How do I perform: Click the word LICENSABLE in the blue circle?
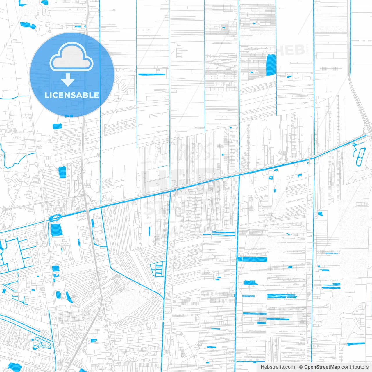coord(72,95)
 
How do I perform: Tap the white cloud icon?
coord(71,58)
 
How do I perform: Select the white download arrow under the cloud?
coord(68,80)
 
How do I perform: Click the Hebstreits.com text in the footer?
coord(278,367)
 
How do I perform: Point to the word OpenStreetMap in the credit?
coord(322,367)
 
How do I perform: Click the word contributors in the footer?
coord(355,367)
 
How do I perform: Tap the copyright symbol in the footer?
coord(301,367)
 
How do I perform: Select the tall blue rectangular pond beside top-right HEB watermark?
coord(271,65)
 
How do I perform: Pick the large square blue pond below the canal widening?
coord(57,230)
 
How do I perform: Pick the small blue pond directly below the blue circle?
coord(57,126)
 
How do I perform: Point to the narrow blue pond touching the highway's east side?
coord(93,223)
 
